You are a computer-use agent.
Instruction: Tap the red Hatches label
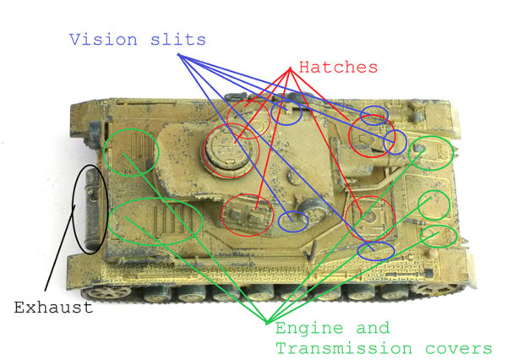[339, 66]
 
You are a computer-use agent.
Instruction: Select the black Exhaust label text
[52, 308]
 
